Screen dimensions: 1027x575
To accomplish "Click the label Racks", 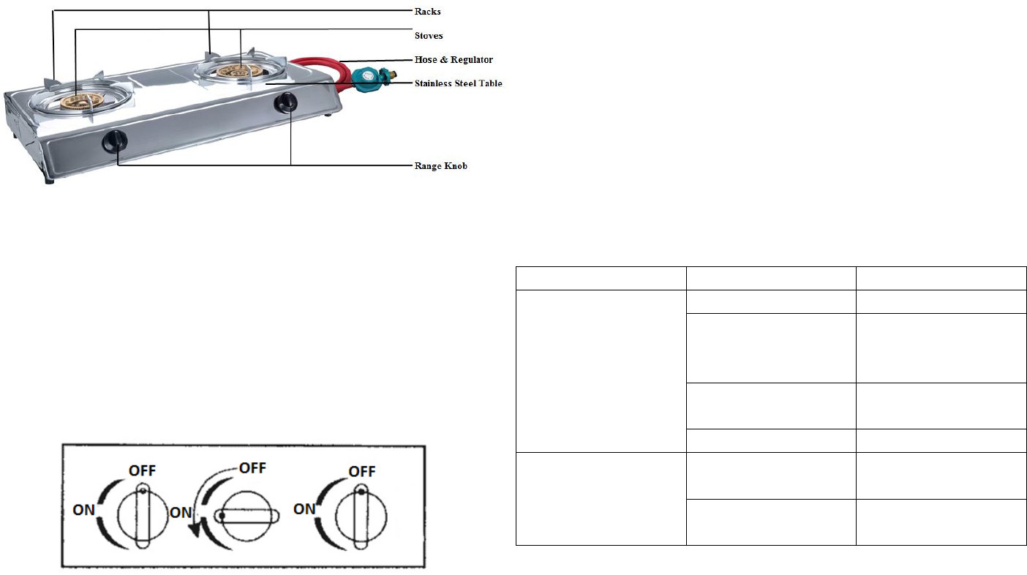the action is tap(427, 12).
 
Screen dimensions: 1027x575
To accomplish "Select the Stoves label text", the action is tap(429, 35).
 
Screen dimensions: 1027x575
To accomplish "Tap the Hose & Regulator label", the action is tap(454, 59).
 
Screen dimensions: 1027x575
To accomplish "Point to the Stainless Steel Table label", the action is tap(458, 83).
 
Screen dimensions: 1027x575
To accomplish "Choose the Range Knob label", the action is tap(440, 165).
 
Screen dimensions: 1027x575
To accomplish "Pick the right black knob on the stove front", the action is tap(285, 102).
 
